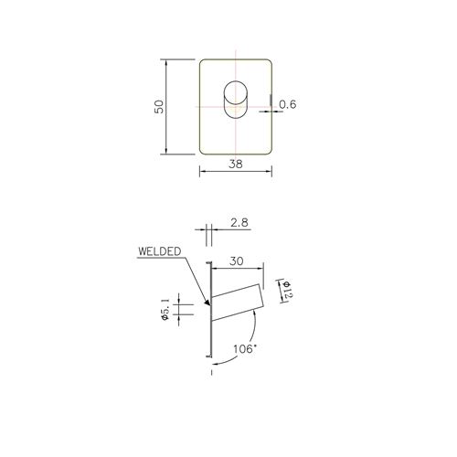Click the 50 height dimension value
pyautogui.click(x=159, y=107)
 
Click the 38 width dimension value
pyautogui.click(x=236, y=165)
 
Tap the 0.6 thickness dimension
pyautogui.click(x=288, y=104)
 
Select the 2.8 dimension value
pyautogui.click(x=239, y=223)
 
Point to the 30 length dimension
pyautogui.click(x=237, y=261)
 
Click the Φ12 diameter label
pyautogui.click(x=288, y=291)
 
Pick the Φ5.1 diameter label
pyautogui.click(x=165, y=309)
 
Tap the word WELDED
pyautogui.click(x=160, y=251)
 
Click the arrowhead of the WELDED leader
pyautogui.click(x=208, y=303)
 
